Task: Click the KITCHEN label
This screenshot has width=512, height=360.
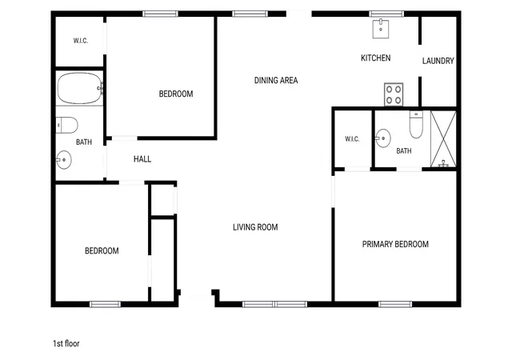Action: [x=375, y=58]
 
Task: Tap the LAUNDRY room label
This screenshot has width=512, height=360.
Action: [x=438, y=61]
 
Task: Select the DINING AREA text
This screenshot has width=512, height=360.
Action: [x=276, y=80]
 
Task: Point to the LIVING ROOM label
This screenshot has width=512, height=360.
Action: [x=255, y=227]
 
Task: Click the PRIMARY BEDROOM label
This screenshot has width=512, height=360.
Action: [x=395, y=244]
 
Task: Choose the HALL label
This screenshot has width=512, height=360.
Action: [x=142, y=159]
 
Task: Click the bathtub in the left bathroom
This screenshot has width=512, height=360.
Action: [x=80, y=88]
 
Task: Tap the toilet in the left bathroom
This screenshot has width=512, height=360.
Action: [x=67, y=125]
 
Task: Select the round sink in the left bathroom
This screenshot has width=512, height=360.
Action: [x=64, y=160]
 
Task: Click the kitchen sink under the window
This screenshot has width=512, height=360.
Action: [x=381, y=29]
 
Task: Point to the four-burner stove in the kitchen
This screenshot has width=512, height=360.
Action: [x=394, y=94]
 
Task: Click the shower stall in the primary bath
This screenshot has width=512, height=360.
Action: [x=443, y=139]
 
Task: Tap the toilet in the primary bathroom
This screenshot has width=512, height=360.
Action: [x=416, y=125]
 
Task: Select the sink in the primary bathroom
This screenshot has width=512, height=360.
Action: [x=382, y=138]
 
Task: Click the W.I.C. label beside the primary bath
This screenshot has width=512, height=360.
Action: [x=352, y=139]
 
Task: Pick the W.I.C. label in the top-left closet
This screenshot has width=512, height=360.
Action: [x=80, y=41]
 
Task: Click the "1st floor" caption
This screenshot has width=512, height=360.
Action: [x=66, y=344]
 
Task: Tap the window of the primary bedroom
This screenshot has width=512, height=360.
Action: [x=395, y=305]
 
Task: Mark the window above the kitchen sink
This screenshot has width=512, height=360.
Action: [x=386, y=14]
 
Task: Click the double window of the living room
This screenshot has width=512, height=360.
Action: [x=274, y=305]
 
